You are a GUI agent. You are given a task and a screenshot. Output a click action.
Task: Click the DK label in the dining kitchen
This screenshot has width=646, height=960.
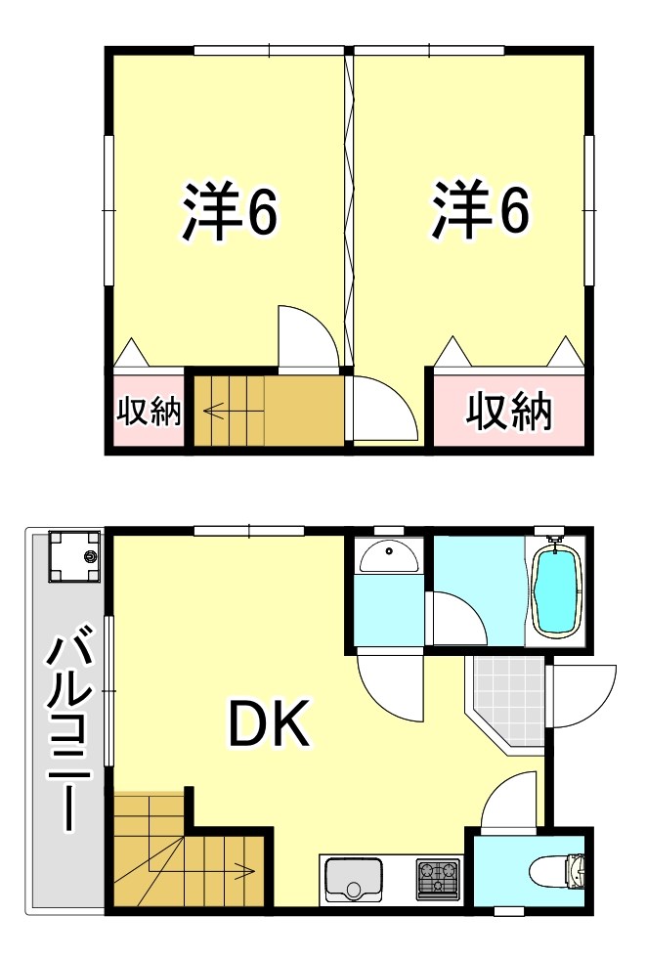coord(270,724)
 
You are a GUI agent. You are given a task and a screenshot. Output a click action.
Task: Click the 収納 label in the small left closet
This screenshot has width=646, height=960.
coord(150,412)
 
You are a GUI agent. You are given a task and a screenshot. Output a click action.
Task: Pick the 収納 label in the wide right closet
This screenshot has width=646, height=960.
coord(508,412)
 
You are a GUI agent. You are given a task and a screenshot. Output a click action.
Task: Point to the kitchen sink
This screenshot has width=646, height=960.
coord(354,877)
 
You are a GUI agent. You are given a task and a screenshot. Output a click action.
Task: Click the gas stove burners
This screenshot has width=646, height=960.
coord(437,877)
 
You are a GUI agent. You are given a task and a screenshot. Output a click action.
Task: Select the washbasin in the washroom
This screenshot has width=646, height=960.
coord(389,557)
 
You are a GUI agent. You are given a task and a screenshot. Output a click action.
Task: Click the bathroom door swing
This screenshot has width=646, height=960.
coord(455,618)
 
